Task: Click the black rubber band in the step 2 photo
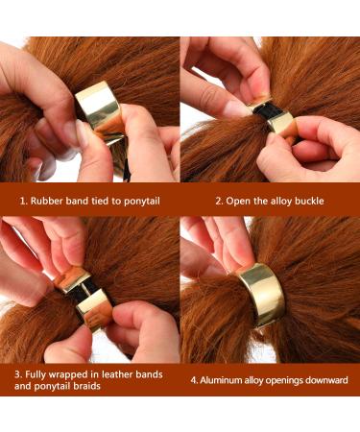279,123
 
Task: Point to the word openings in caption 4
288,379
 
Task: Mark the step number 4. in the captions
194,379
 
